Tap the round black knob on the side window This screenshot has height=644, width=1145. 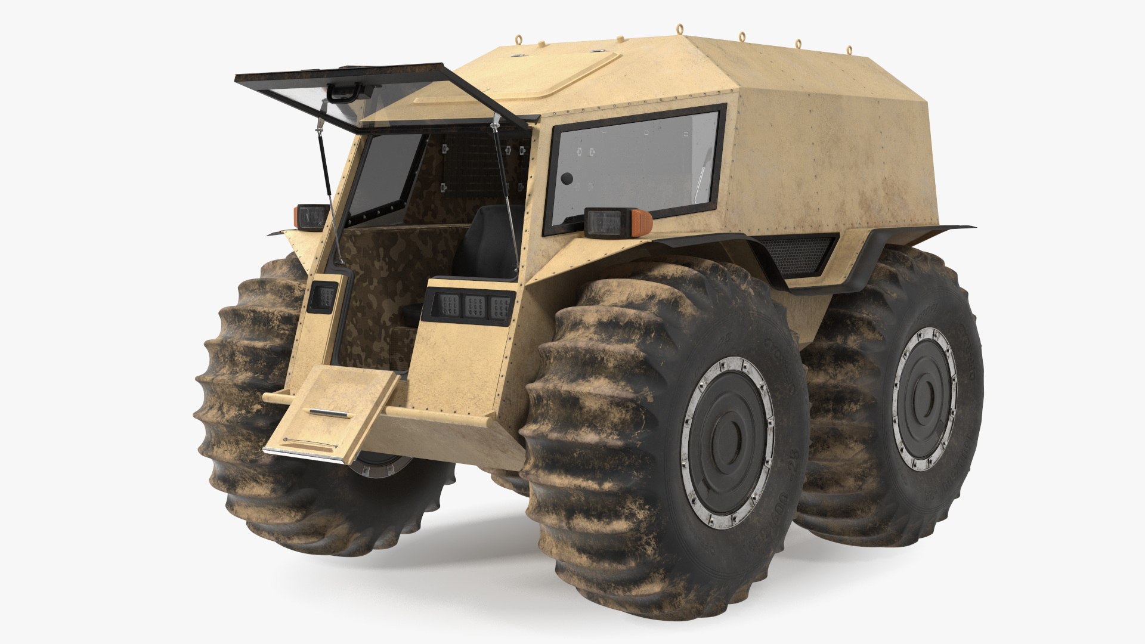point(567,178)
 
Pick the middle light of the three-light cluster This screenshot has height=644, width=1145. point(474,305)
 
